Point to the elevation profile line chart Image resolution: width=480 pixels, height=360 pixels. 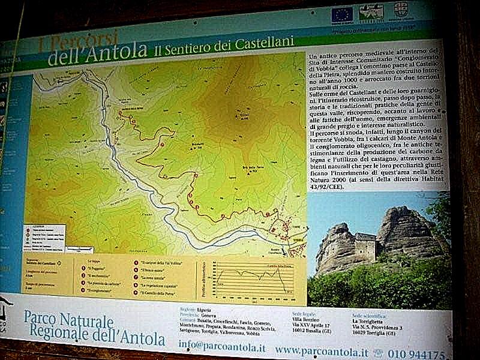pos(256,277)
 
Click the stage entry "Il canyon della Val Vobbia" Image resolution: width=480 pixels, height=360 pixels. pos(161,263)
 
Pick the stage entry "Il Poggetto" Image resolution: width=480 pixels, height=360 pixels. pos(95,269)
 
